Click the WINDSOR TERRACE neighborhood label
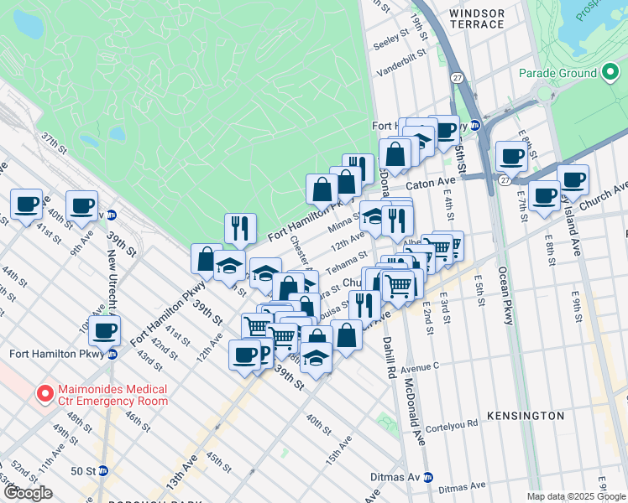[477, 18]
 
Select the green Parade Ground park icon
[590, 73]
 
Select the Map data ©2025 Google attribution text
[576, 496]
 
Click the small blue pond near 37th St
[117, 133]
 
